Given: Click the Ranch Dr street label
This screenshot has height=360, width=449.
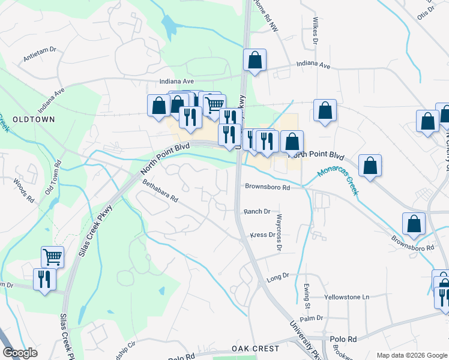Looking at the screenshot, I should (257, 212).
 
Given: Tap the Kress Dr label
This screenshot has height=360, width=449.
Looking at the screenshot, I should (262, 235).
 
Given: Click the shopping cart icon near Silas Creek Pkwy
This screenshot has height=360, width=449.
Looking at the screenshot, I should (53, 257).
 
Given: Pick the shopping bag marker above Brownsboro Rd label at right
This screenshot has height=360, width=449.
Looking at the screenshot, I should (414, 224).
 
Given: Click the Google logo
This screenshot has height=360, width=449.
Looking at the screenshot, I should (20, 353).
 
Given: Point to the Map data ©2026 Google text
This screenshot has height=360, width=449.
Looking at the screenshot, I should (411, 355).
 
